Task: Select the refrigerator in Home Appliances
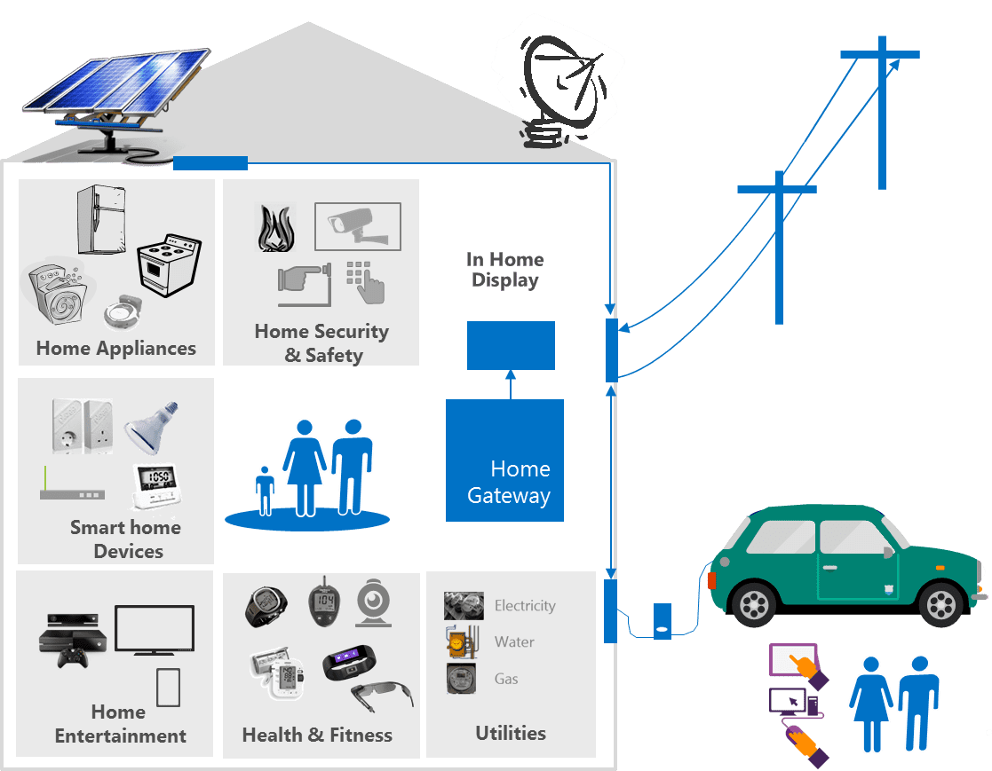tap(100, 219)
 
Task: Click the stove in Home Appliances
tap(169, 264)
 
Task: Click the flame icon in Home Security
tap(275, 229)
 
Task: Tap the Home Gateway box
tap(504, 460)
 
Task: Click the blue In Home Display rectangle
tap(511, 345)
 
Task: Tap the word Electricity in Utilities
tap(525, 606)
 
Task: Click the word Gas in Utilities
tap(506, 679)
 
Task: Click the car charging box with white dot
tap(663, 620)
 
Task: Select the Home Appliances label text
tap(116, 348)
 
